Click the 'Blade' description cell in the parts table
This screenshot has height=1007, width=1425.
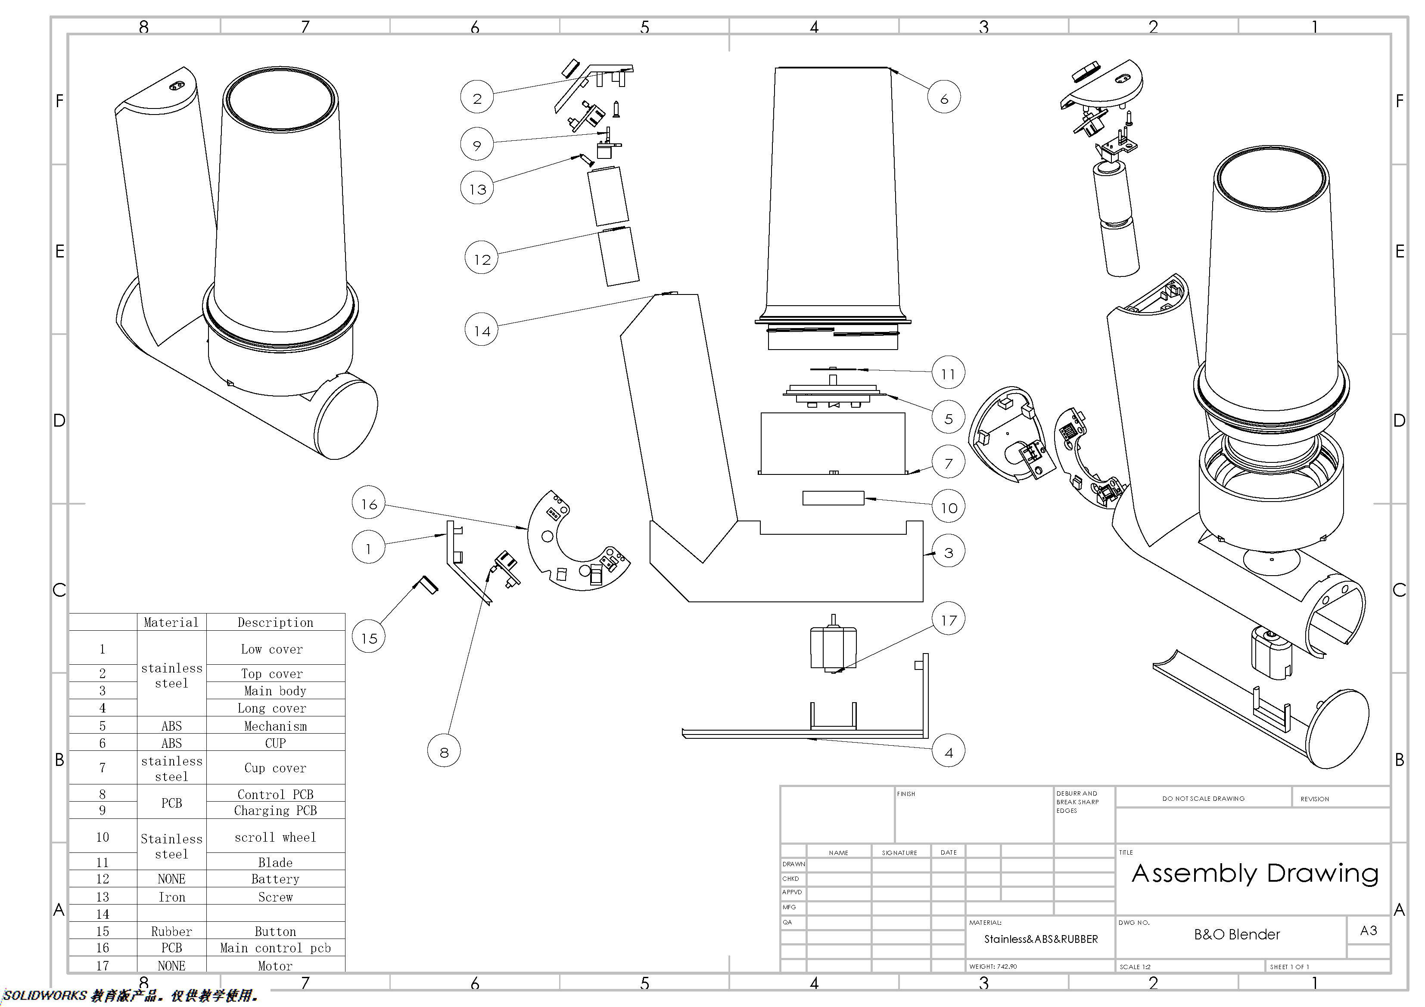[275, 862]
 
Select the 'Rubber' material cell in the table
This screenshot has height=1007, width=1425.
[171, 931]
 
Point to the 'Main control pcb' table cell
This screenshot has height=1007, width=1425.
[275, 948]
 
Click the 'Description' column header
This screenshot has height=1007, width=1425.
[275, 622]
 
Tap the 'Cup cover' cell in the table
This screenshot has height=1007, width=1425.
[275, 768]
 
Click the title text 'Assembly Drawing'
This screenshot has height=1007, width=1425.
[1254, 873]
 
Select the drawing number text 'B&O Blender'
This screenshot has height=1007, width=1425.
[1236, 934]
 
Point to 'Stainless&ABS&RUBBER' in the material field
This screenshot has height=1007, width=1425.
[1040, 939]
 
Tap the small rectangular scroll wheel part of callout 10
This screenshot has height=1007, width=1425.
[833, 498]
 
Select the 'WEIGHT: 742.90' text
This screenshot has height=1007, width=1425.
[993, 966]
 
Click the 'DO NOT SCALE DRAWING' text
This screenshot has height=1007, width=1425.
[1203, 799]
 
